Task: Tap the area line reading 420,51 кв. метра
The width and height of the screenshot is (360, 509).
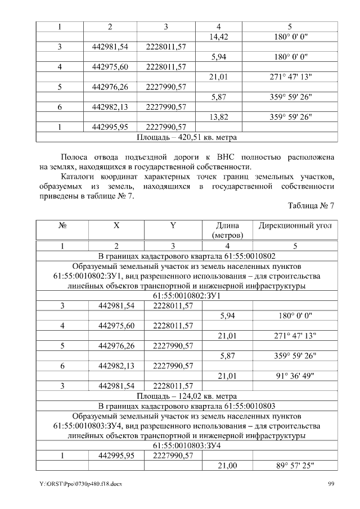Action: pyautogui.click(x=187, y=137)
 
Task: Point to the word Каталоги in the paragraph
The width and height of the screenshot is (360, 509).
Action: pyautogui.click(x=78, y=176)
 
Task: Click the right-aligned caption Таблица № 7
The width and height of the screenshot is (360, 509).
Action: pyautogui.click(x=311, y=206)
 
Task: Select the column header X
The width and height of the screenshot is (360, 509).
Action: pyautogui.click(x=116, y=226)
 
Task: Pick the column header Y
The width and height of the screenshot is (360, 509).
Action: pyautogui.click(x=173, y=226)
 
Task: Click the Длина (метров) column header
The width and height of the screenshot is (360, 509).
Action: pyautogui.click(x=227, y=230)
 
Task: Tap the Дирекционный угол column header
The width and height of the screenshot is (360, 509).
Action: pyautogui.click(x=295, y=226)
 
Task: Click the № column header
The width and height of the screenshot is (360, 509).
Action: pyautogui.click(x=62, y=226)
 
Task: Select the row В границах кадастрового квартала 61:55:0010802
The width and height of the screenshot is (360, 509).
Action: pyautogui.click(x=187, y=255)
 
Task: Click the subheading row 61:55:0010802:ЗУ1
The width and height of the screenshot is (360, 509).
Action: pyautogui.click(x=187, y=295)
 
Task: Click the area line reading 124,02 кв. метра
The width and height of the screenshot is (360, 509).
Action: pyautogui.click(x=187, y=395)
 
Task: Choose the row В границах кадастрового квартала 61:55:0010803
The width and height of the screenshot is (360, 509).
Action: pyautogui.click(x=187, y=406)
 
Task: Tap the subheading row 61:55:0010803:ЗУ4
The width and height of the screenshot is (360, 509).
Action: pyautogui.click(x=187, y=445)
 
